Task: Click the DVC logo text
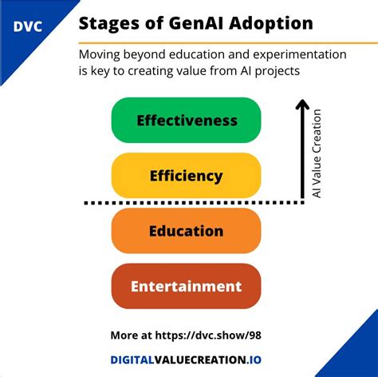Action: click(x=28, y=26)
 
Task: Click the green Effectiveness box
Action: click(x=187, y=121)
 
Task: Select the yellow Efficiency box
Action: click(x=187, y=176)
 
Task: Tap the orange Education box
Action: click(x=187, y=231)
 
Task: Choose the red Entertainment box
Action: click(x=187, y=286)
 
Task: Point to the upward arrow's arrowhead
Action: click(x=301, y=104)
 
